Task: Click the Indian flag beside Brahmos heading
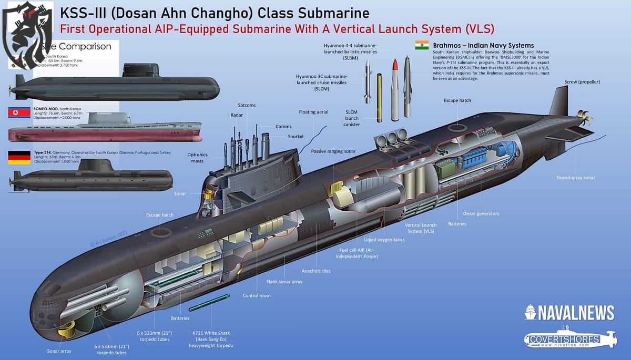pyautogui.click(x=422, y=45)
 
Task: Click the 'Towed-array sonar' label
pyautogui.click(x=575, y=178)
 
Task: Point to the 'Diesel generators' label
pyautogui.click(x=481, y=213)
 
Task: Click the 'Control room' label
pyautogui.click(x=257, y=295)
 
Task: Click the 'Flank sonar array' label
pyautogui.click(x=285, y=282)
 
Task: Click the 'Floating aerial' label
pyautogui.click(x=314, y=112)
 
